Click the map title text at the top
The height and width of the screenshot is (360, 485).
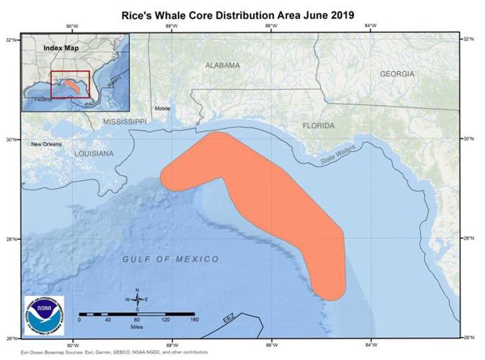[x=242, y=14]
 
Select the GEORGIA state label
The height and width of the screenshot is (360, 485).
[x=397, y=73]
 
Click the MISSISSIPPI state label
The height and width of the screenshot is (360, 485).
[x=124, y=122]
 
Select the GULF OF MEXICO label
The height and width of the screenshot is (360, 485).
[x=170, y=258]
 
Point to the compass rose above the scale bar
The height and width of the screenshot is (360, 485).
[x=136, y=299]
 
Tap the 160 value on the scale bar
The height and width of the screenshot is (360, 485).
[x=193, y=320]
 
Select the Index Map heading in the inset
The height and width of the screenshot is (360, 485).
[x=61, y=48]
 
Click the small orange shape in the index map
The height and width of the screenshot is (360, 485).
[x=70, y=84]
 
